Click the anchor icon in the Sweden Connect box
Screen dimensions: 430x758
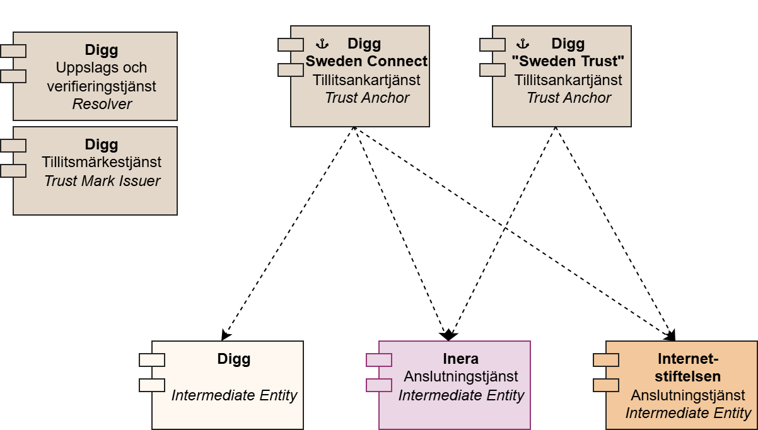tap(322, 44)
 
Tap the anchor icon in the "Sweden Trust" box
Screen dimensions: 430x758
tap(522, 44)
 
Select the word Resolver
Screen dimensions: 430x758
tap(102, 104)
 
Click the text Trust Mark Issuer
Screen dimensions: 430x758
tap(102, 181)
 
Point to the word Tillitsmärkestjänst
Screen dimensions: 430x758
tap(102, 163)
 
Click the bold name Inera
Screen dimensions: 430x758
tap(461, 359)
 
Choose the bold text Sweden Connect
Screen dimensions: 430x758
tap(366, 62)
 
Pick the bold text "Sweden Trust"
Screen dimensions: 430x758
tap(568, 62)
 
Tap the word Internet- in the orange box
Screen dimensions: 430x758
tap(688, 359)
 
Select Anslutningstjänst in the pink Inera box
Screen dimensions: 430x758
tap(461, 377)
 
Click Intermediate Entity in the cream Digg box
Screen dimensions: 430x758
tap(234, 396)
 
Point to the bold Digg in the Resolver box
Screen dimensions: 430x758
tap(102, 50)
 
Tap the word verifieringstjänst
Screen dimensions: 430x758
tap(102, 86)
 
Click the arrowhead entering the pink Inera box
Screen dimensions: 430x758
tap(448, 335)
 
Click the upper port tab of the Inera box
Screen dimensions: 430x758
tap(379, 360)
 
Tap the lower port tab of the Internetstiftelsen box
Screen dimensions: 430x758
tap(606, 385)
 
